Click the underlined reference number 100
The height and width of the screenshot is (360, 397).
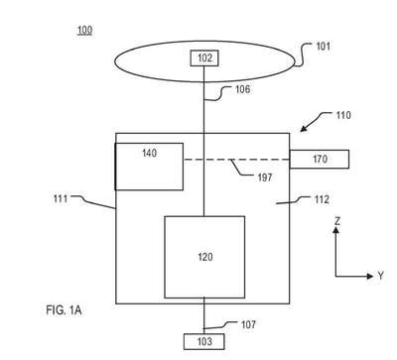[84, 31]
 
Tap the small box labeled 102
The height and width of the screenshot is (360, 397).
[204, 59]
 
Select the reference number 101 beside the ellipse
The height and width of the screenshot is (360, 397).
[324, 46]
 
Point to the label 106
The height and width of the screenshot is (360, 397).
[242, 89]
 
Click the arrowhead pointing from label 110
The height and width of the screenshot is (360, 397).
[305, 128]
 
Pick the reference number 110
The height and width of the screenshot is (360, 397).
[343, 115]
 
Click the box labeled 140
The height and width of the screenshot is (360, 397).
[149, 167]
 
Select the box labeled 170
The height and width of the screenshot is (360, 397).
[320, 159]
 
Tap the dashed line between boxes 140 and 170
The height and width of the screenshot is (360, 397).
[237, 160]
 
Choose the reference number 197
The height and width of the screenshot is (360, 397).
[265, 178]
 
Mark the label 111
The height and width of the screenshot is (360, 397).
[61, 199]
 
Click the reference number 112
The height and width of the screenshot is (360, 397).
[322, 199]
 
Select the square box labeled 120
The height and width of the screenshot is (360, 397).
[204, 257]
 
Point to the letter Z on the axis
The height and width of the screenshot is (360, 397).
[336, 221]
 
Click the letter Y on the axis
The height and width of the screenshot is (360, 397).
[380, 276]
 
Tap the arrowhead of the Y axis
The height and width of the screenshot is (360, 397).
[370, 276]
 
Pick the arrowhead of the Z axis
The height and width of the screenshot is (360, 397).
[336, 230]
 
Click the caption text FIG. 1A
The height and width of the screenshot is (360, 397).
[64, 310]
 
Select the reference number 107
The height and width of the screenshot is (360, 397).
[248, 324]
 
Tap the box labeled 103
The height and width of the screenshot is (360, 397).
[204, 341]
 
